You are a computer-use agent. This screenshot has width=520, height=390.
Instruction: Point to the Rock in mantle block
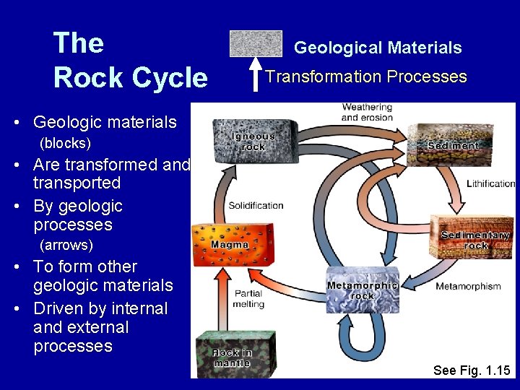click(231, 354)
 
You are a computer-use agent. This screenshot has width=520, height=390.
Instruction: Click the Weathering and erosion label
click(367, 112)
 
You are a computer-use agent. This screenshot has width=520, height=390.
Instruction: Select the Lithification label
click(490, 183)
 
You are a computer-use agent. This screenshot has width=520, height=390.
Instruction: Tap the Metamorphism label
click(468, 286)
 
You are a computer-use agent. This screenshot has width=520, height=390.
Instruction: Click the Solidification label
click(256, 205)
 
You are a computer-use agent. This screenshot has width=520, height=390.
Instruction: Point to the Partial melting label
click(248, 299)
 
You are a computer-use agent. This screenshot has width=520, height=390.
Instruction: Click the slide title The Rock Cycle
click(130, 60)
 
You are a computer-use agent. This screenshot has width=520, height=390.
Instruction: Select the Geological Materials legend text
click(378, 48)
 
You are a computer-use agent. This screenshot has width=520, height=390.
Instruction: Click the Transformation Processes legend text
click(366, 77)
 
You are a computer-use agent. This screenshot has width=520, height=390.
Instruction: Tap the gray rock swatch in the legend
click(256, 43)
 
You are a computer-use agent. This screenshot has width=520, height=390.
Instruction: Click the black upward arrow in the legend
click(256, 77)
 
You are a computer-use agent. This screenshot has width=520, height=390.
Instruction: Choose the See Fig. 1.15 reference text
click(471, 370)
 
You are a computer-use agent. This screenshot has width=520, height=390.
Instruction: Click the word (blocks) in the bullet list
click(64, 143)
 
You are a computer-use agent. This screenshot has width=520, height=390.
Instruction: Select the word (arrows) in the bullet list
click(65, 246)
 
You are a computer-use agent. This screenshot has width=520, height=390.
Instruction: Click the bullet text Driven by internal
click(100, 308)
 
